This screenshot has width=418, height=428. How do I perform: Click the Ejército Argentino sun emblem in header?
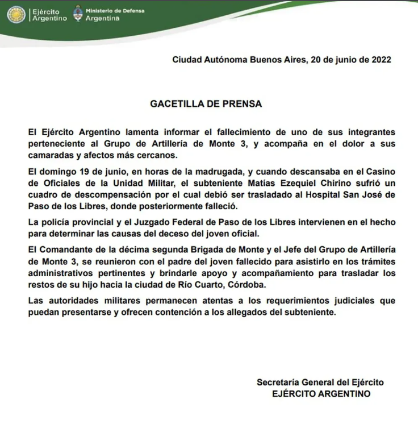(15, 15)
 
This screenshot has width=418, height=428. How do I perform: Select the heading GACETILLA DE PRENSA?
(206, 105)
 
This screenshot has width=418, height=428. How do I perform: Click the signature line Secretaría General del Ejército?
(321, 382)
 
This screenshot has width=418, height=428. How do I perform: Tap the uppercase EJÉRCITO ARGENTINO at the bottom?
(321, 393)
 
